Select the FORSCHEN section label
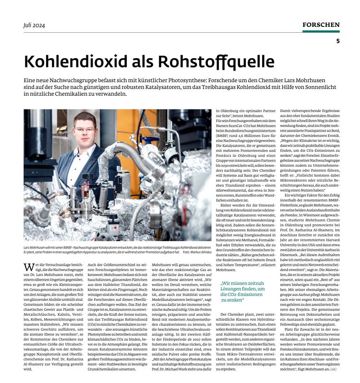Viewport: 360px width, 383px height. pyautogui.click(x=321, y=25)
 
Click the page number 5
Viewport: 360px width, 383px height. pyautogui.click(x=337, y=41)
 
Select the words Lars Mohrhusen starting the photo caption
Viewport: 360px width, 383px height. pyautogui.click(x=36, y=246)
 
